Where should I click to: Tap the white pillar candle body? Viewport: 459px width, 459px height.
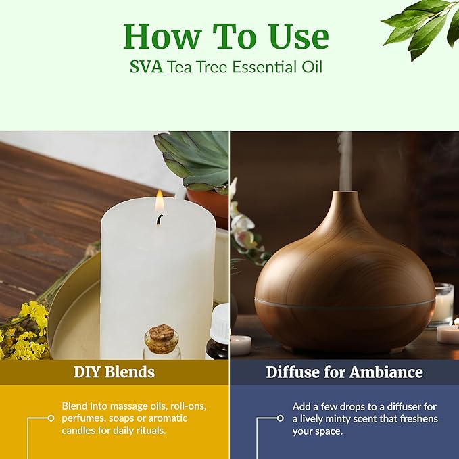157,284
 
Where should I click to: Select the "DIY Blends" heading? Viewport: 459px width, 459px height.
114,372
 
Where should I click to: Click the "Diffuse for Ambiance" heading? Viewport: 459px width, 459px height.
344,372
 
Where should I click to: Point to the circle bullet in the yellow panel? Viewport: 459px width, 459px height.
51,418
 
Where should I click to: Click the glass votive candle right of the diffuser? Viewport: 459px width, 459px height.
443,304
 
